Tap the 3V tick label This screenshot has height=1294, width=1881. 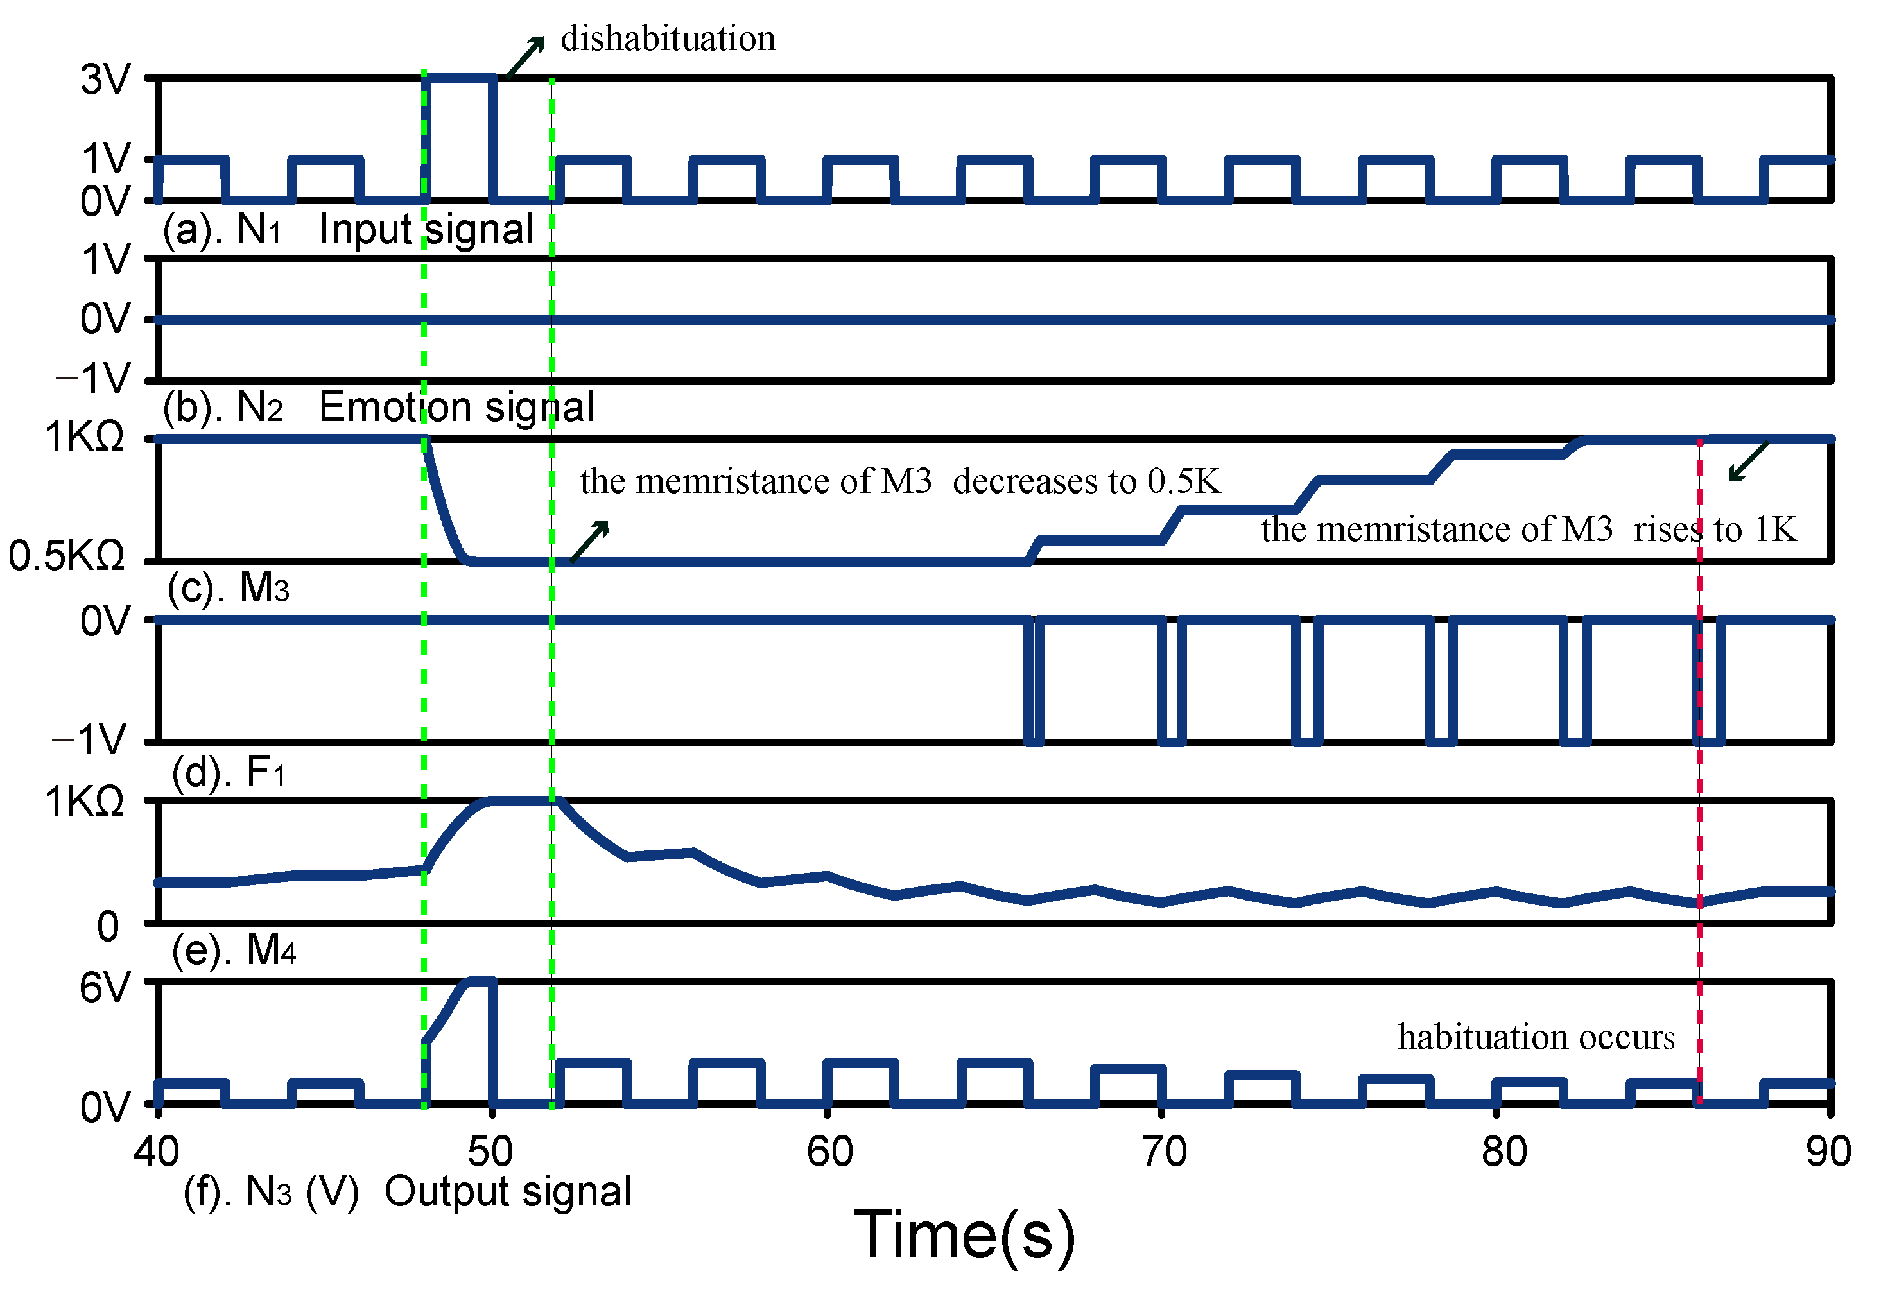click(105, 80)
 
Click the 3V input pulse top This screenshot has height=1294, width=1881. click(460, 78)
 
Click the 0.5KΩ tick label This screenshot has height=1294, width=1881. click(67, 557)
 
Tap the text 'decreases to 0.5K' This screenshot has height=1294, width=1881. click(1086, 481)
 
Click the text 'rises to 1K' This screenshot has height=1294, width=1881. click(1715, 530)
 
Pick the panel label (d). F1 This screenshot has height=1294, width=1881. click(228, 772)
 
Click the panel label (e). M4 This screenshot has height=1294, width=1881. click(234, 949)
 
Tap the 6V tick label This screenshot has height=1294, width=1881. click(105, 988)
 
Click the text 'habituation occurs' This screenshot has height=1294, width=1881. click(1536, 1037)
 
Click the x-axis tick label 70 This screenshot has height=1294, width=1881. click(1163, 1152)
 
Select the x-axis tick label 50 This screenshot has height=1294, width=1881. click(490, 1152)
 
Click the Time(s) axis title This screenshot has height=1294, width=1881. click(964, 1236)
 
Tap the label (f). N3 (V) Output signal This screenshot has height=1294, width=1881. click(407, 1192)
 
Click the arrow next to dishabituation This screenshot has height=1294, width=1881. click(525, 56)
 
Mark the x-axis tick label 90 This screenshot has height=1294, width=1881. click(1828, 1152)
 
